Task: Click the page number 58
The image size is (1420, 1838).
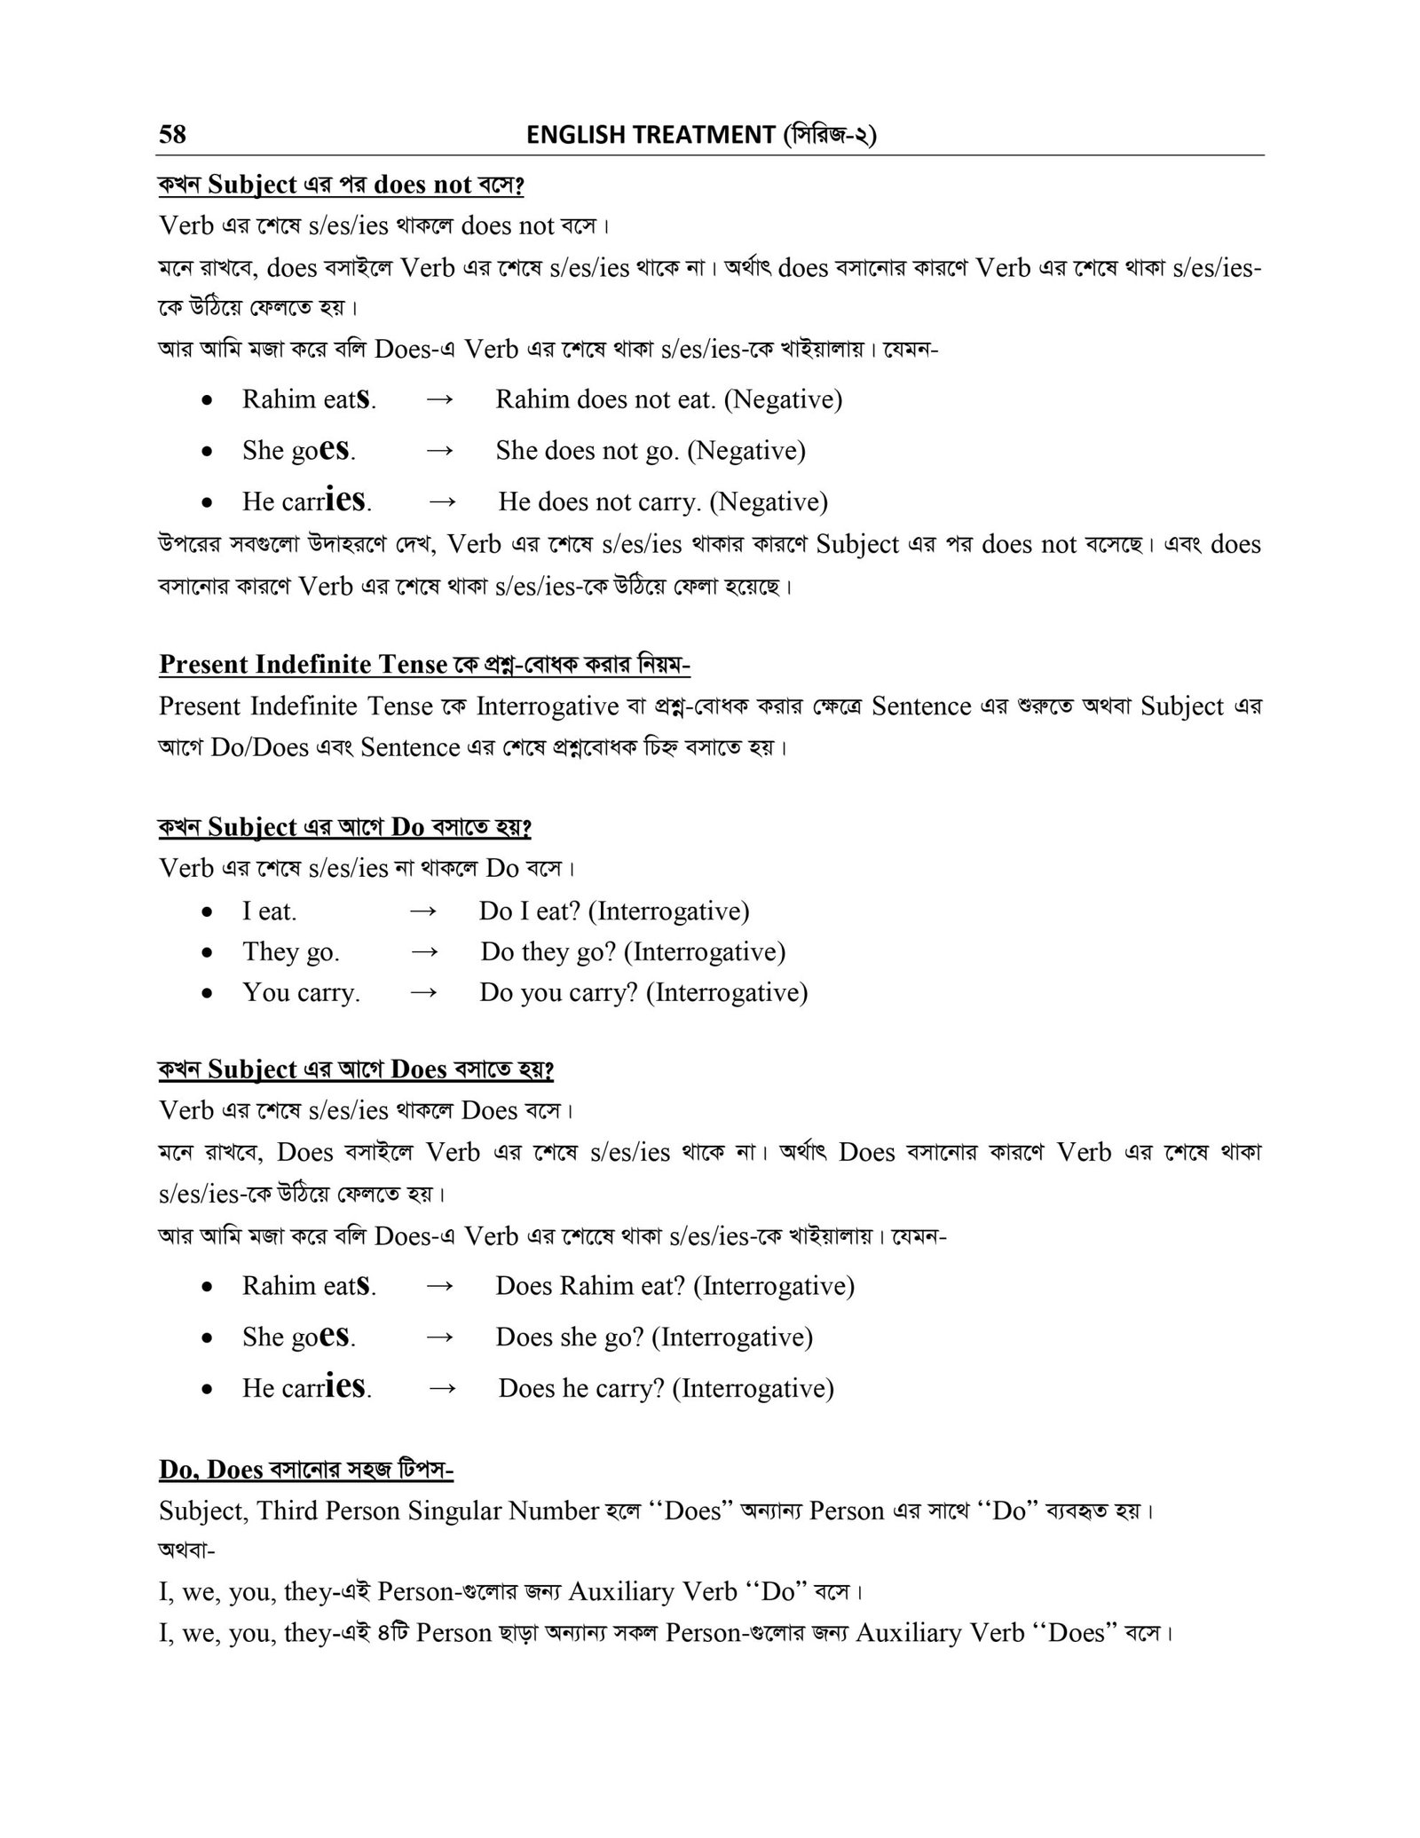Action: (172, 134)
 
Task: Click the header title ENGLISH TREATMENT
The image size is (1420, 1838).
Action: (651, 135)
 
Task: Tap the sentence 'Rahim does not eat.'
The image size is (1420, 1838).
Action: (605, 399)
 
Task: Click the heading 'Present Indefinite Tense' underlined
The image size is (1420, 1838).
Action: (304, 664)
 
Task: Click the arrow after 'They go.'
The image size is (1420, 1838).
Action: (425, 951)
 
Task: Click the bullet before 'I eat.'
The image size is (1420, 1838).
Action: (207, 911)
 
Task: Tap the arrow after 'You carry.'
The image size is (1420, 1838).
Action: (425, 992)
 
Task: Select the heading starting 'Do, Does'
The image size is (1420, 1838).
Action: (305, 1471)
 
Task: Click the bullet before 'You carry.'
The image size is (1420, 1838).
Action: (207, 993)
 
